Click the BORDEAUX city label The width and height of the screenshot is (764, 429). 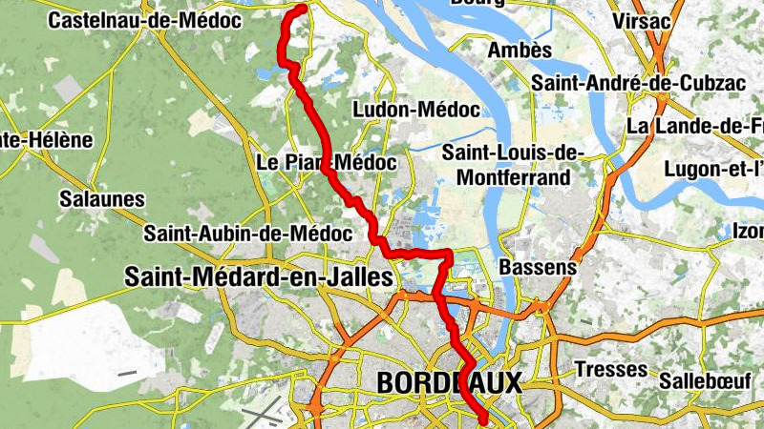click(x=450, y=383)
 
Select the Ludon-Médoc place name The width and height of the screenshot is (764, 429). click(x=415, y=110)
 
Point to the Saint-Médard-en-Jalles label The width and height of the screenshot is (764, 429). click(x=258, y=277)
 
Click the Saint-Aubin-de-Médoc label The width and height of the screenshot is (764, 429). click(x=234, y=233)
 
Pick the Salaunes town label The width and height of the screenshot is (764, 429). click(x=101, y=199)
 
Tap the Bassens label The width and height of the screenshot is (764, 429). click(x=538, y=267)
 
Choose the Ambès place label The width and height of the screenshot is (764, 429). click(x=520, y=50)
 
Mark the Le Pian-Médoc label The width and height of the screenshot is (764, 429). click(x=327, y=163)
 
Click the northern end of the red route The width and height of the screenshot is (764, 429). click(x=302, y=9)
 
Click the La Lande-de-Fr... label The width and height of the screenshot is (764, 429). click(x=694, y=126)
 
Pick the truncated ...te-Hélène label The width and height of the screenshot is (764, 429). click(x=46, y=140)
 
